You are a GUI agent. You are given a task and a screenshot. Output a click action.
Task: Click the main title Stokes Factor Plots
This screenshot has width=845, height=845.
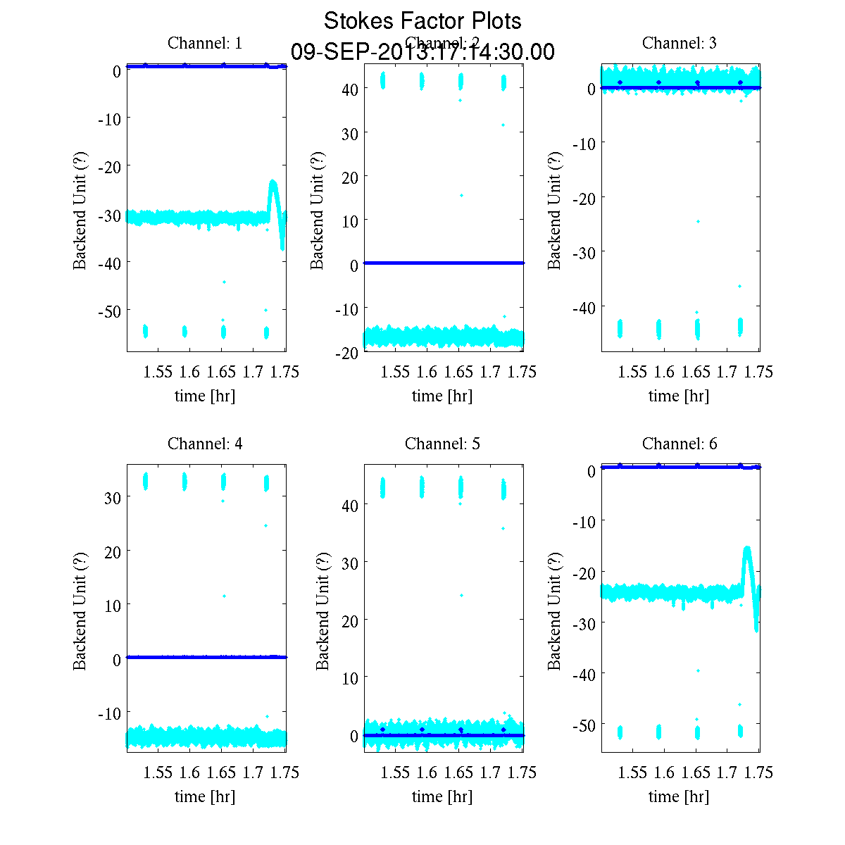tap(423, 21)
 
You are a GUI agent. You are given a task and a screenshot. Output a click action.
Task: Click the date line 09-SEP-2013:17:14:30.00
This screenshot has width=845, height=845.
tap(423, 52)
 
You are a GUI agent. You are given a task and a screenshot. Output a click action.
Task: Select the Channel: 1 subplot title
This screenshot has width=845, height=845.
tap(205, 43)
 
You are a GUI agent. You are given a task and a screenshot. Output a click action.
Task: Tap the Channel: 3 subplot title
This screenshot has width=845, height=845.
tap(680, 43)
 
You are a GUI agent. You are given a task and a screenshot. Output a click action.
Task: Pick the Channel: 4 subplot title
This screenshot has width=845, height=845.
tap(205, 444)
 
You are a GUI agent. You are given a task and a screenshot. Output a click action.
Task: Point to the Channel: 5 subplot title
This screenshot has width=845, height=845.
tap(442, 444)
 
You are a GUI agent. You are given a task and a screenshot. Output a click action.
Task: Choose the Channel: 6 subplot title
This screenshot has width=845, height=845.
tap(680, 444)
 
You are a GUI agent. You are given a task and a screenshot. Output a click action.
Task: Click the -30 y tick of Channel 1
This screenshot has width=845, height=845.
tap(109, 215)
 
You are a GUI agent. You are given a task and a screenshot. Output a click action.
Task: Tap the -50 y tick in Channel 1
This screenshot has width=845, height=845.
tap(109, 311)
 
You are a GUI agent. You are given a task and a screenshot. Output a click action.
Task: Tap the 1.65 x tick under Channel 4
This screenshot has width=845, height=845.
tap(221, 772)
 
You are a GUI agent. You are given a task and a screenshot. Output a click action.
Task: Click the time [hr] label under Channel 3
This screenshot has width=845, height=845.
tap(679, 396)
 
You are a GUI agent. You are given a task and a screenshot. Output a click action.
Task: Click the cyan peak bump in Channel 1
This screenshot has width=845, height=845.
tap(273, 184)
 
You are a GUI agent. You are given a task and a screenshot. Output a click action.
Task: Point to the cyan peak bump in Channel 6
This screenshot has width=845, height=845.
tap(747, 550)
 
